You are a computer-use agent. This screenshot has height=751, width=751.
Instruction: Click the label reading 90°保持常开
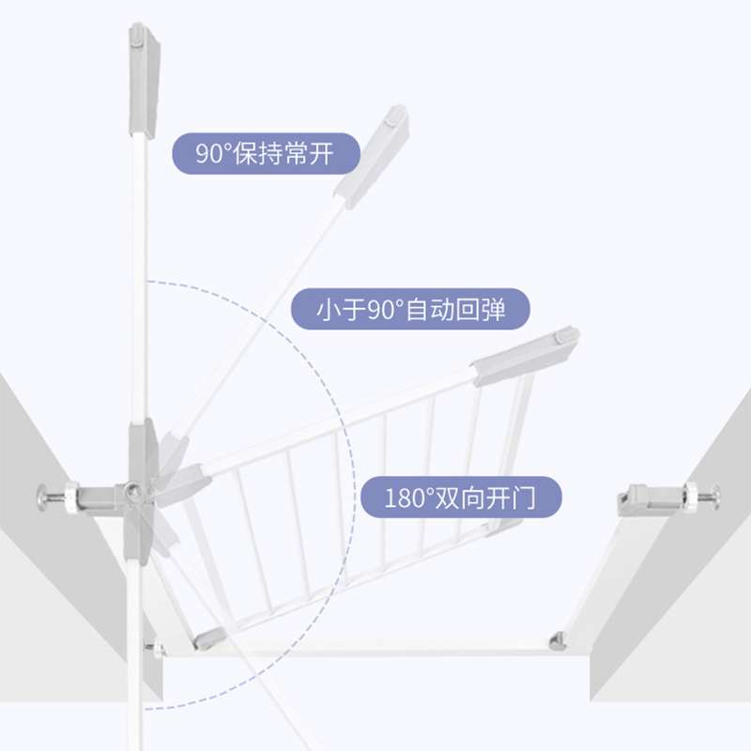[266, 152]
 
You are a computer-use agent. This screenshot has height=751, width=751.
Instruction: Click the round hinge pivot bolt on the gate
[134, 488]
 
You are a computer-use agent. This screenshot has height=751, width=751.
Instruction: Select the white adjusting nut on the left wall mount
[69, 497]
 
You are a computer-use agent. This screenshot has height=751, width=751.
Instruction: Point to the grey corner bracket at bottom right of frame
[558, 641]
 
